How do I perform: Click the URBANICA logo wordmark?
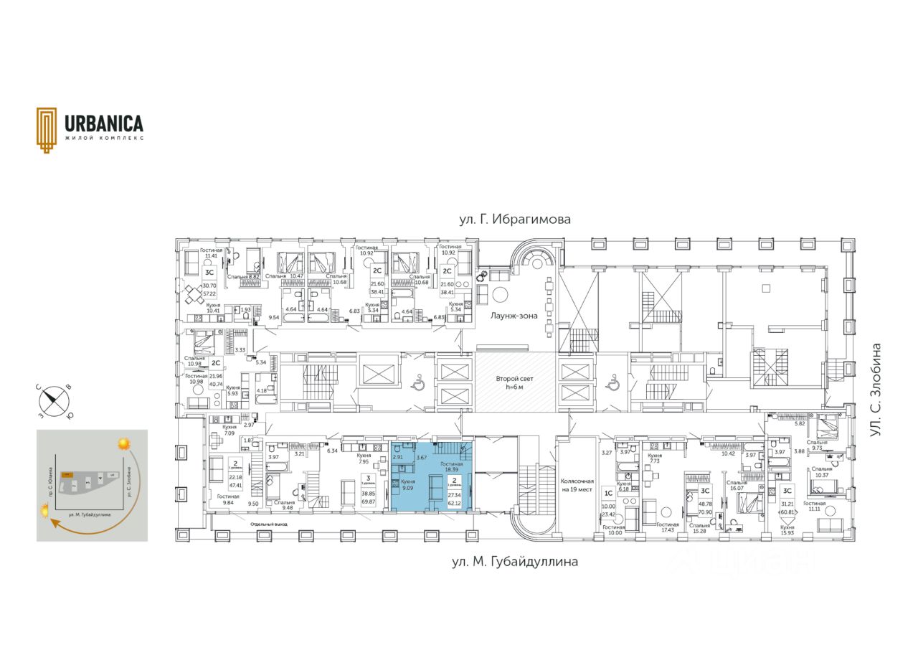[104, 123]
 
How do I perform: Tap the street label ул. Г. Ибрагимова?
[515, 220]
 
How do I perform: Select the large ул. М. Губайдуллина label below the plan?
[515, 562]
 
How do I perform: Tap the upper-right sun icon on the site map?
[125, 444]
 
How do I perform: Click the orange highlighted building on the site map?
[66, 475]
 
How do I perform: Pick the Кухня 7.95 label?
[364, 458]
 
